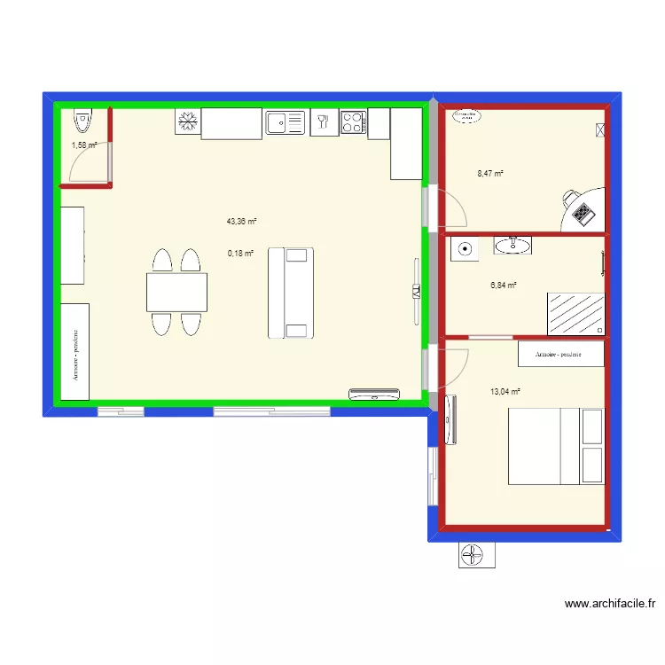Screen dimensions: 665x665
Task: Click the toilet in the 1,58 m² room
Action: coord(82,118)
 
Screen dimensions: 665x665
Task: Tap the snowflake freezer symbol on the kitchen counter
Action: coord(187,122)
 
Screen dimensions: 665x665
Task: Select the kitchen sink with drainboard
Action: coord(285,122)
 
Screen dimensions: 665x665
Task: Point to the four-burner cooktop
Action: coord(353,122)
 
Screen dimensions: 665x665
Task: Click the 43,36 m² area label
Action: coord(241,222)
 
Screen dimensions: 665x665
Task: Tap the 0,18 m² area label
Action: coord(241,253)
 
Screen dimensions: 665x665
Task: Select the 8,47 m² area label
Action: coord(489,174)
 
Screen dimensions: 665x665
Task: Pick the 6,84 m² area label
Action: coord(504,286)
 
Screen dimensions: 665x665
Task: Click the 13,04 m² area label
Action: coord(505,391)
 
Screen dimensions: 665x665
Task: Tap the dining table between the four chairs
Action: coord(177,293)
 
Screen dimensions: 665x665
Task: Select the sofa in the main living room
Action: coord(292,293)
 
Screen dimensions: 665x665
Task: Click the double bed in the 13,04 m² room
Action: coord(556,445)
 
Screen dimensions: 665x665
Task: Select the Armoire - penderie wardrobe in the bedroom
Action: coord(560,354)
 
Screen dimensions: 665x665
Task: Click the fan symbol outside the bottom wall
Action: coord(476,556)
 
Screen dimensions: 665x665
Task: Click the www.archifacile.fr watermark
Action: coord(611,604)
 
